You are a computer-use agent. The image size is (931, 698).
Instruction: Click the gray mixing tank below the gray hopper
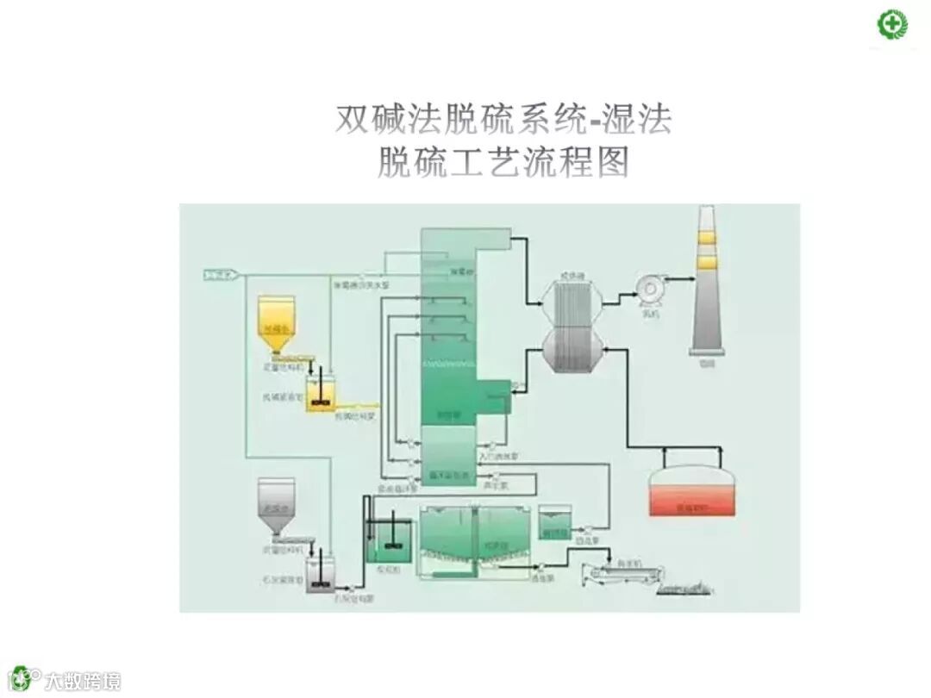(x=322, y=573)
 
